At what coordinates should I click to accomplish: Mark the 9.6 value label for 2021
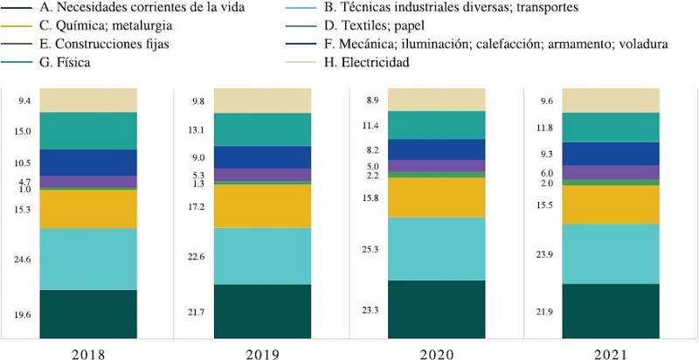pyautogui.click(x=546, y=100)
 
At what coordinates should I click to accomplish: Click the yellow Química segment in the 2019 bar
pyautogui.click(x=262, y=206)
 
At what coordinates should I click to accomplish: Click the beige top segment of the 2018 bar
pyautogui.click(x=87, y=100)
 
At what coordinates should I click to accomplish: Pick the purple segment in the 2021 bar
pyautogui.click(x=610, y=173)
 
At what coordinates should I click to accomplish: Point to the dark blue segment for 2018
pyautogui.click(x=87, y=163)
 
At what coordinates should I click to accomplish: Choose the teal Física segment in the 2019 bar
pyautogui.click(x=262, y=129)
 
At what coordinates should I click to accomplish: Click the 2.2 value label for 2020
pyautogui.click(x=371, y=176)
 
